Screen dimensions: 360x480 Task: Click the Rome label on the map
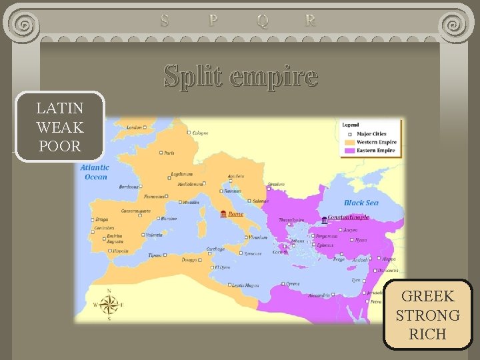coord(236,214)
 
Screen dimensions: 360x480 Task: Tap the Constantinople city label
coord(348,217)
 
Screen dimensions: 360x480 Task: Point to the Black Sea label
coord(361,203)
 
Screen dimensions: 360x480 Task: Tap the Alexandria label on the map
coord(319,295)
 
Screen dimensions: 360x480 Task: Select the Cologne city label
coord(201,133)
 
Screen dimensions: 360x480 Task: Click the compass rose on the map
coord(108,304)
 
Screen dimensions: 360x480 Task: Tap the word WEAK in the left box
coord(60,127)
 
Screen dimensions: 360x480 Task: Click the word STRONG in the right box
coord(427,315)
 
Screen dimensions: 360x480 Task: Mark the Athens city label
coord(297,241)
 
